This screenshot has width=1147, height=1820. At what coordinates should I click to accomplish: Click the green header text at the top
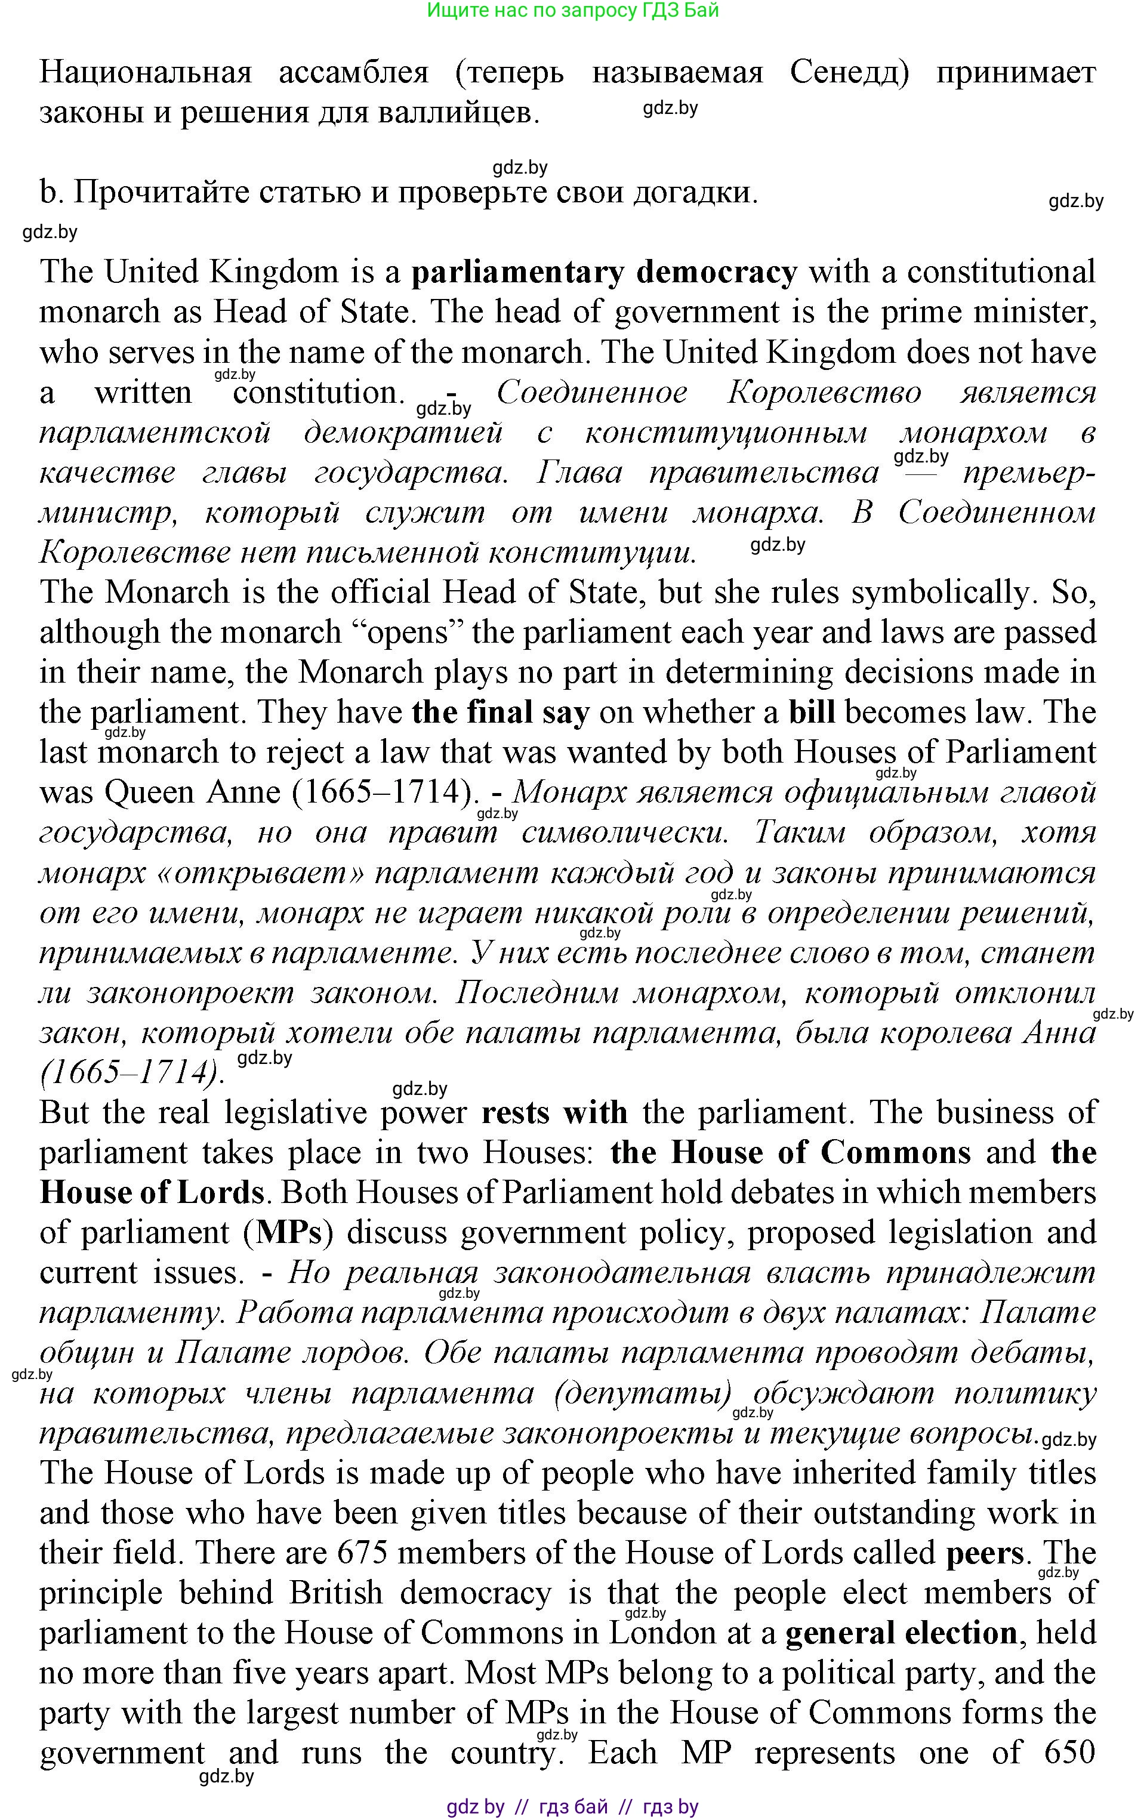click(572, 11)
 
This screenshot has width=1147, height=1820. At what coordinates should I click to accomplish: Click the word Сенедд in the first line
click(849, 73)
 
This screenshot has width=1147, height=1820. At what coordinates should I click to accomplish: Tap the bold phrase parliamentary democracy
click(604, 272)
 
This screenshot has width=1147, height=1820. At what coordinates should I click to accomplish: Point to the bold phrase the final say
click(501, 712)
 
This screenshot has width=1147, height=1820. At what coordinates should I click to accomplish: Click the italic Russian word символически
click(625, 833)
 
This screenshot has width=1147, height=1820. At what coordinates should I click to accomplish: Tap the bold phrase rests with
click(554, 1112)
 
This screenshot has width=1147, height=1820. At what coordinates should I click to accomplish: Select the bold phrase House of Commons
click(821, 1153)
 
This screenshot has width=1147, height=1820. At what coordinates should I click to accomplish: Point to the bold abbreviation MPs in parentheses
click(289, 1233)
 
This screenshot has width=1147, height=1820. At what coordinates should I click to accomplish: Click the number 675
click(362, 1553)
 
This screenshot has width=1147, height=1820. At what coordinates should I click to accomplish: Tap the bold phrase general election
click(901, 1633)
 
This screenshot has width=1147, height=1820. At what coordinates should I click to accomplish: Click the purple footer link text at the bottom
click(572, 1806)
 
